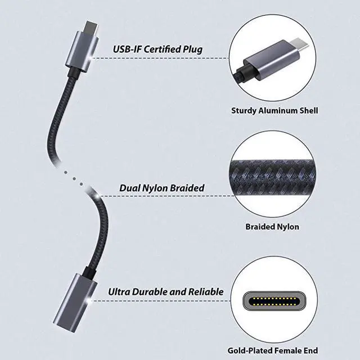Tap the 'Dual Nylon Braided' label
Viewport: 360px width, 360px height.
click(161, 188)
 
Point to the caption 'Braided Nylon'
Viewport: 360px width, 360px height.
click(272, 227)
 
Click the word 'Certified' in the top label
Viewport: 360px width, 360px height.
click(164, 49)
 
